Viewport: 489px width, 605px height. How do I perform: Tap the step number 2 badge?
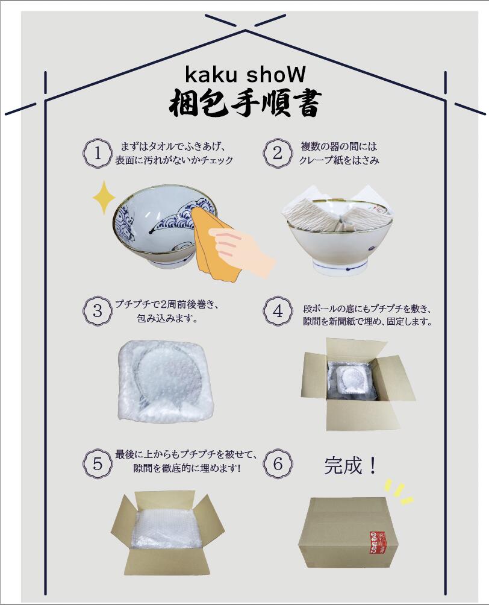click(278, 153)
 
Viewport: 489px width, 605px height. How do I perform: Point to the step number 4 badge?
click(278, 311)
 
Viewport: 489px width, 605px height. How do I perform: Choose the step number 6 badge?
click(278, 464)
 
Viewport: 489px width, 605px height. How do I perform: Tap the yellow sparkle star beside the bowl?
click(104, 197)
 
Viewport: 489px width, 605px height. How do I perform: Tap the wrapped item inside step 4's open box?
click(352, 381)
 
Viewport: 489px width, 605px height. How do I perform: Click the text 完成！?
click(352, 465)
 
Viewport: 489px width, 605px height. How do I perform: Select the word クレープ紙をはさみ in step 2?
click(339, 161)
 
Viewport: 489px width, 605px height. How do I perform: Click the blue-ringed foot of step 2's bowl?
click(339, 267)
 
